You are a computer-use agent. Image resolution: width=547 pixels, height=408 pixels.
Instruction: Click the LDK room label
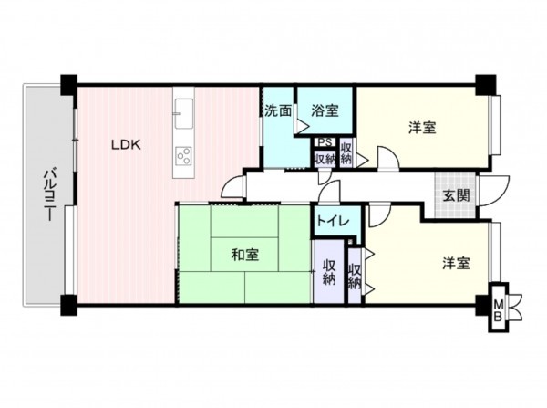pyautogui.click(x=126, y=143)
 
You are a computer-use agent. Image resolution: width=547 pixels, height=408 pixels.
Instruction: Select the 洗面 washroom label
pyautogui.click(x=278, y=110)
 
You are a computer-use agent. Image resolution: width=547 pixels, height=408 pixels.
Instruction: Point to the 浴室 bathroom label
pyautogui.click(x=325, y=110)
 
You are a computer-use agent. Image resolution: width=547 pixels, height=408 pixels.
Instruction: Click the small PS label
pyautogui.click(x=324, y=142)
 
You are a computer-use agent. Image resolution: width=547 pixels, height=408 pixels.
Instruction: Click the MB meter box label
pyautogui.click(x=498, y=310)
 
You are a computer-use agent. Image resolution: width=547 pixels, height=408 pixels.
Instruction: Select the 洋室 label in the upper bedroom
pyautogui.click(x=421, y=129)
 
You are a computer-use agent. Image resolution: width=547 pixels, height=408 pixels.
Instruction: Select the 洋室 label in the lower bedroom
pyautogui.click(x=456, y=264)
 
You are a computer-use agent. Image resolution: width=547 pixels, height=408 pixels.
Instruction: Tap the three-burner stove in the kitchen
pyautogui.click(x=183, y=155)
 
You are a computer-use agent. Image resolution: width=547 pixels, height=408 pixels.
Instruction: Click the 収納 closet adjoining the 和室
pyautogui.click(x=329, y=273)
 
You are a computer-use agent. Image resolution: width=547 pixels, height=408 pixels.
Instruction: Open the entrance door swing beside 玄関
pyautogui.click(x=497, y=187)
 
